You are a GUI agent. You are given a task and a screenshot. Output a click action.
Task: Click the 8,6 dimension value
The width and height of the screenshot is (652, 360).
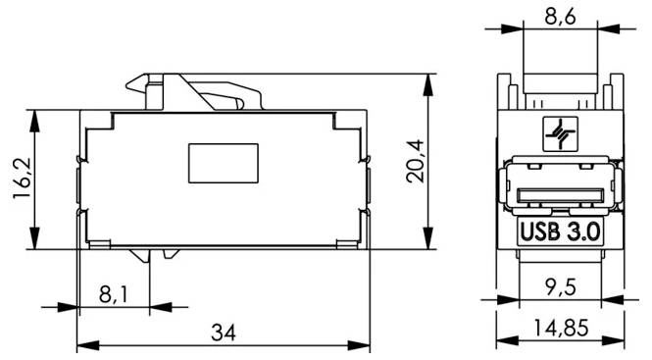560,18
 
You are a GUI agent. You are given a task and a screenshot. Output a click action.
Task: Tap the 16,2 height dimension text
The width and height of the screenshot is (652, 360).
23,179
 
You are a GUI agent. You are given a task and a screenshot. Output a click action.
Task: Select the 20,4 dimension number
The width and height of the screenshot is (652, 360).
416,162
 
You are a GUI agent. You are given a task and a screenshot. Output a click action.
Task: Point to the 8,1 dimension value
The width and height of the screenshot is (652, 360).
114,294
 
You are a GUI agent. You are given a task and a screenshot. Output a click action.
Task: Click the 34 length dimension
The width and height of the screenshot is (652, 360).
224,333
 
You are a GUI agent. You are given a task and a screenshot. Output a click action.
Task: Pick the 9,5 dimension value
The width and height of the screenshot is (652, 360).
561,287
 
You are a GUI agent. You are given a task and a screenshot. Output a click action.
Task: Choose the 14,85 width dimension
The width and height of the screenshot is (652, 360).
561,328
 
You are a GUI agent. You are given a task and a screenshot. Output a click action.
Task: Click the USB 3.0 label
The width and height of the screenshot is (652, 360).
560,231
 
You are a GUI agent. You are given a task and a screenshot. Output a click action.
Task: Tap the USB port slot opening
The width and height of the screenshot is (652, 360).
561,195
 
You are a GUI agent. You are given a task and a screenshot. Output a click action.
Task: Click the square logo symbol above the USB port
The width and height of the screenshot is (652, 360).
561,133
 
